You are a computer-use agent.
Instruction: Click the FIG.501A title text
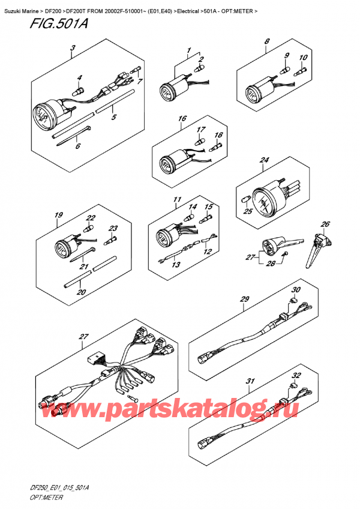(x=40, y=25)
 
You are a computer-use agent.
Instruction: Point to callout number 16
(x=181, y=119)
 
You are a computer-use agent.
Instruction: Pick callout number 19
(x=59, y=215)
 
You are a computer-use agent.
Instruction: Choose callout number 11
(x=176, y=199)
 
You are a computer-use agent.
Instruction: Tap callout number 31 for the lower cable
(x=250, y=382)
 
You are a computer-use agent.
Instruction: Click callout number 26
(x=325, y=224)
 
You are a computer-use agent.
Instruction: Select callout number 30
(x=295, y=290)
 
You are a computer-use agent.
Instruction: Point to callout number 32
(x=295, y=376)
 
